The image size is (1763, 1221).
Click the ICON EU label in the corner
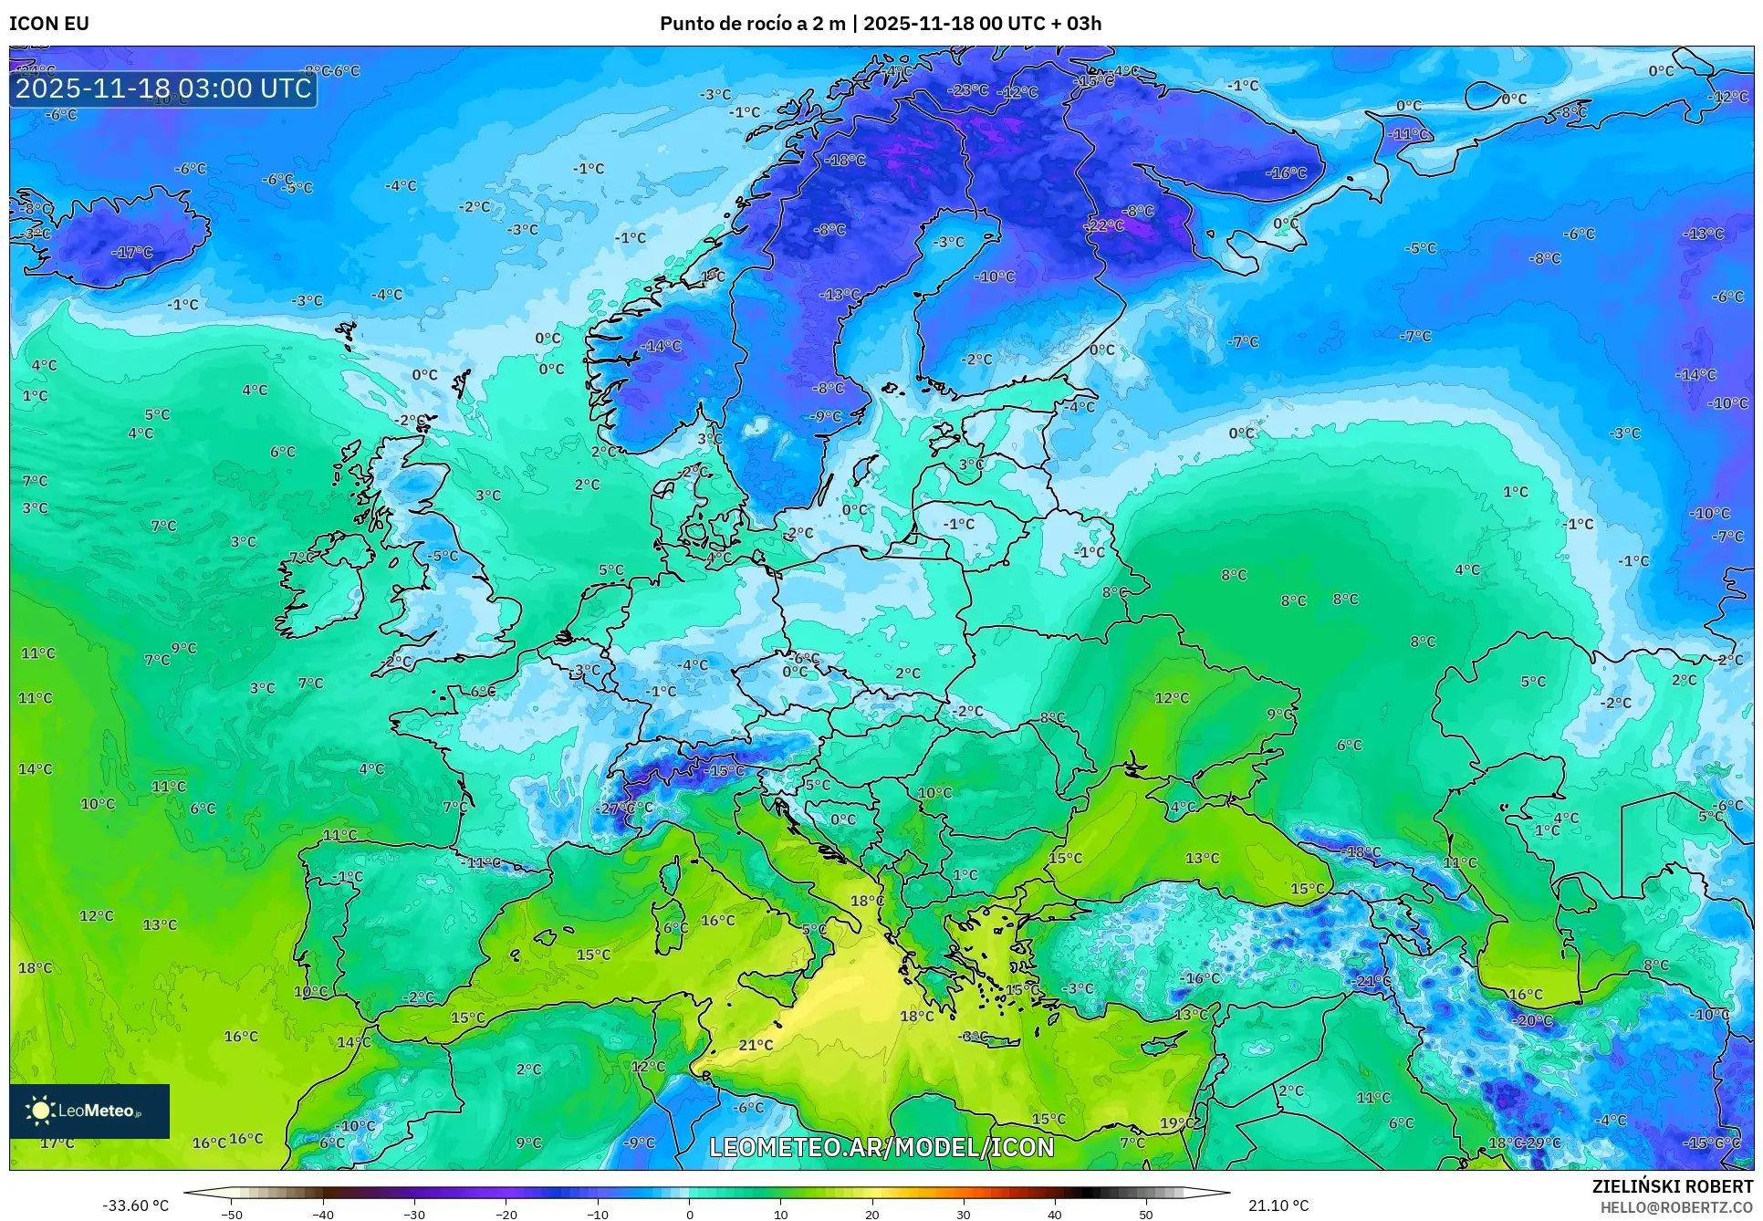click(x=49, y=24)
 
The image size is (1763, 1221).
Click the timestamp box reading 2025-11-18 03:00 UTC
click(x=163, y=89)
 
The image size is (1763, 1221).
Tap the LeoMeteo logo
click(x=89, y=1111)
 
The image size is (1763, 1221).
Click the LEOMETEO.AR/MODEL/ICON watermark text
click(x=881, y=1147)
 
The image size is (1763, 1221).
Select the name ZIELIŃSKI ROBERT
click(x=1673, y=1186)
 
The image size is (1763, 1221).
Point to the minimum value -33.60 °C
click(x=135, y=1205)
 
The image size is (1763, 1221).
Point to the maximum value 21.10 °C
click(x=1278, y=1205)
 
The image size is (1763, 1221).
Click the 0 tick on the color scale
click(x=690, y=1214)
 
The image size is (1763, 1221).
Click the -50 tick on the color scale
click(x=232, y=1214)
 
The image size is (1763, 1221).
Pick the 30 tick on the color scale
click(x=964, y=1214)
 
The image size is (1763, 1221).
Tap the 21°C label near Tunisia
click(x=756, y=1045)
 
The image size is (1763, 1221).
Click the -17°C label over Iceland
click(x=132, y=253)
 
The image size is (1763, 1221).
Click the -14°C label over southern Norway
click(x=662, y=346)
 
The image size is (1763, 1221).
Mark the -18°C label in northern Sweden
click(x=845, y=160)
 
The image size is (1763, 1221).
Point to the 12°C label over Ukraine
click(x=1172, y=698)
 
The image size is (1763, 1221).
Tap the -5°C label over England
click(x=443, y=556)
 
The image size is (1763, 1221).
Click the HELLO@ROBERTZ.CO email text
click(x=1676, y=1207)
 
